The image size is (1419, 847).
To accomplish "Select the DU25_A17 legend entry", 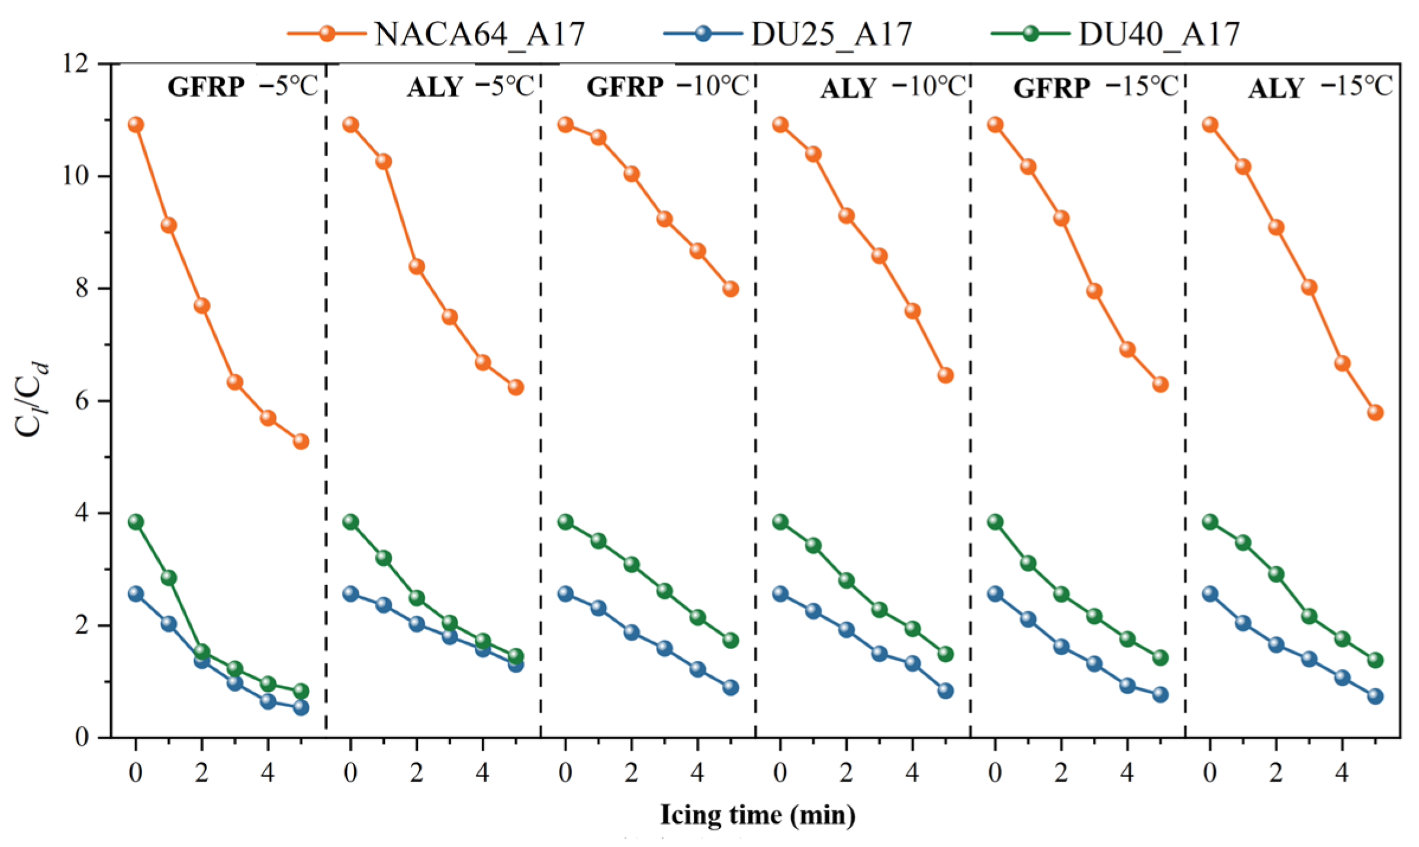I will coord(788,34).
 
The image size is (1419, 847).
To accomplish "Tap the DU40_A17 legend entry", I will coord(1115,34).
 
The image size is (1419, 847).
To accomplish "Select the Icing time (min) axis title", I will coord(758,815).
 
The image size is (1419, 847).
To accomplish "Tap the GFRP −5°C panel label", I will coord(243,87).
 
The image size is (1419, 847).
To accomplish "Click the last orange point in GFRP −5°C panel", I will coord(301,441).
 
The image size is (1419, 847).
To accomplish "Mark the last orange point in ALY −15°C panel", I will coord(1375,412).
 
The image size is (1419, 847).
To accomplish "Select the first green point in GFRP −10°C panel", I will coord(565,522).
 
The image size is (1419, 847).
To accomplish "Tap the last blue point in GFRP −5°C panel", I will coord(301,707).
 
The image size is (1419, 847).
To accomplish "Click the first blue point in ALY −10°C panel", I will coord(780,593).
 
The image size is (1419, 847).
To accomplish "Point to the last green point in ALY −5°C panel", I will coord(516,656).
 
